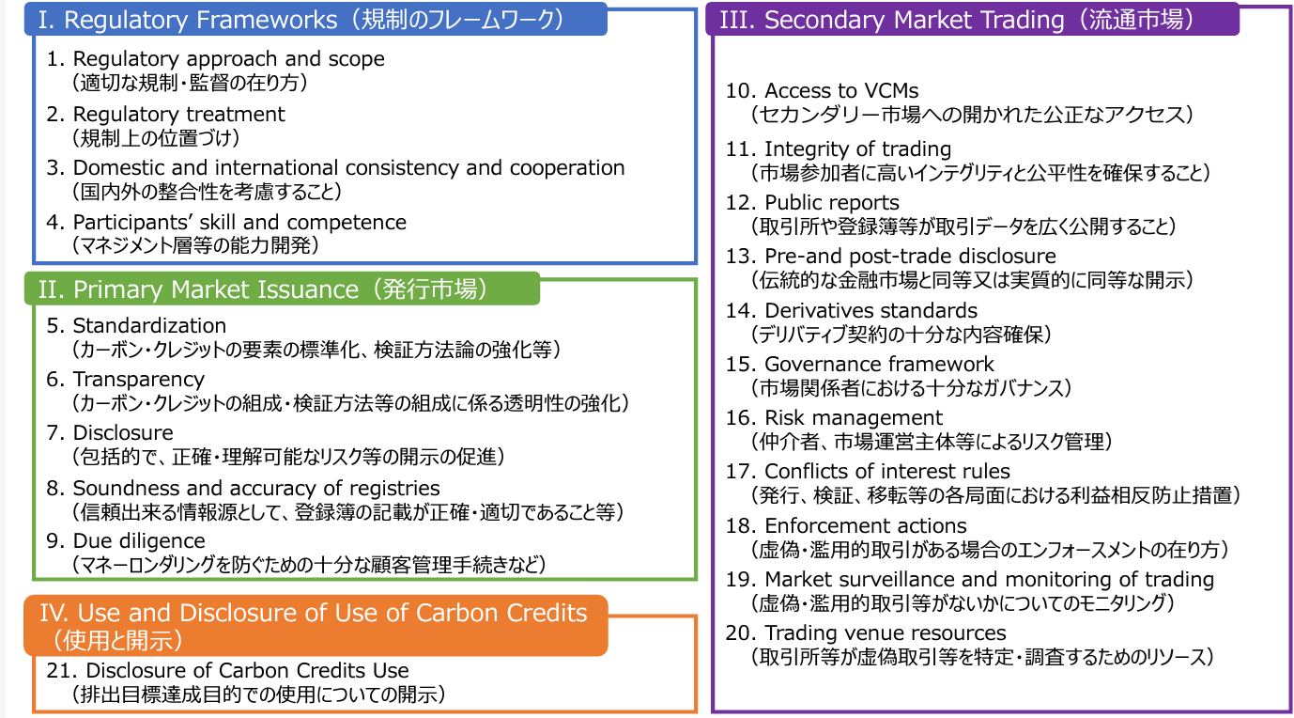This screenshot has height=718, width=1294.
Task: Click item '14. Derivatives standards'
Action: tap(852, 310)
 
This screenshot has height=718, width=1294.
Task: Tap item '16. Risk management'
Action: tap(835, 417)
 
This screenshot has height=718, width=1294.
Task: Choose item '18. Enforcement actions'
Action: tap(846, 525)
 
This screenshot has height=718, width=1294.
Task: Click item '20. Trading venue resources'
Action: tap(866, 632)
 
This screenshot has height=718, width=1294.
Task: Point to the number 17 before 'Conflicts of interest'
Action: tap(740, 471)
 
